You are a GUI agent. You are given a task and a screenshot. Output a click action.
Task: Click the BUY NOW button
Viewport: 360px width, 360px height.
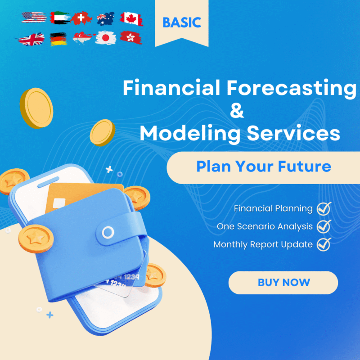283,283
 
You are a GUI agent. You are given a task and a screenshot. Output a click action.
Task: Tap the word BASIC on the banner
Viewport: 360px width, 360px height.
182,22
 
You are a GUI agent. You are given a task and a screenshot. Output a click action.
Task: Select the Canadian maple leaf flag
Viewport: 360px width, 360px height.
131,18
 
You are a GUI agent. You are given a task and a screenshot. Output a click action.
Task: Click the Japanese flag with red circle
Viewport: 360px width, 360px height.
105,38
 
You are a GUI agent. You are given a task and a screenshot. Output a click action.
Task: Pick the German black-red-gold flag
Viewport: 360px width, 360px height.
58,39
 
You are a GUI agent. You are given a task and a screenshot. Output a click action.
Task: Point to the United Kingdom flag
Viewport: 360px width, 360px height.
31,39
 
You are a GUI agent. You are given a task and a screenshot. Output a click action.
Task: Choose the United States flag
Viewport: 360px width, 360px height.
34,17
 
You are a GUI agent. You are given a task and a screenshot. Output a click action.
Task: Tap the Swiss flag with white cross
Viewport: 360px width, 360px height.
81,18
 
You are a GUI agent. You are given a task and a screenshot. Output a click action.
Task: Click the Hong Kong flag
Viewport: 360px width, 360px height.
131,37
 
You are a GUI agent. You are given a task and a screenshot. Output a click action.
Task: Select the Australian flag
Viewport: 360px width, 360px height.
106,18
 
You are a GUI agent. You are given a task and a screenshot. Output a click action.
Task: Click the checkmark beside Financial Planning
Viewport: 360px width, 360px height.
324,208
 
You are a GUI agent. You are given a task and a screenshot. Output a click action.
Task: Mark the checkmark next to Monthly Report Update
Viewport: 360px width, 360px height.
324,244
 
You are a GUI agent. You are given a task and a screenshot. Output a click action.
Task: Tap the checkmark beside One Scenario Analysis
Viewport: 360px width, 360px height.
324,226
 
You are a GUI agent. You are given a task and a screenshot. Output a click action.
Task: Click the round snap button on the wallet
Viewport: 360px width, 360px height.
108,232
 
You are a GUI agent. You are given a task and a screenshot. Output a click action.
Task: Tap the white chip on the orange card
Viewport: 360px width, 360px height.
59,203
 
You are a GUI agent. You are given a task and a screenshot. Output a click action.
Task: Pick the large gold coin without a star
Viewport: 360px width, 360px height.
36,108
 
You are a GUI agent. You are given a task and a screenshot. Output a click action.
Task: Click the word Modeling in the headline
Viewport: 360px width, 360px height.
190,134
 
